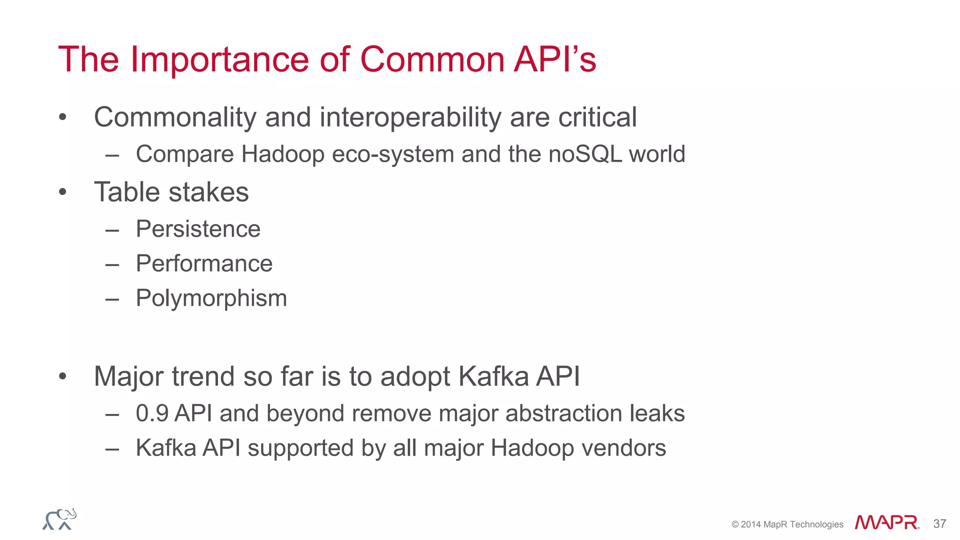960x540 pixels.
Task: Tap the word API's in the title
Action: (555, 60)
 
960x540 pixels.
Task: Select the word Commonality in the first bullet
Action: (175, 117)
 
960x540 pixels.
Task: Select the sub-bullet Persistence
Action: (198, 229)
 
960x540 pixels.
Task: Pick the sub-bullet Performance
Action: (204, 263)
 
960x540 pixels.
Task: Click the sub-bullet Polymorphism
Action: (211, 298)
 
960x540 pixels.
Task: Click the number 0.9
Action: (152, 413)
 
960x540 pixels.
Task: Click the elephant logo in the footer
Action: (60, 519)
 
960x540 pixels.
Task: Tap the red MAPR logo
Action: (886, 523)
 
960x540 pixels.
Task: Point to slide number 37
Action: (939, 524)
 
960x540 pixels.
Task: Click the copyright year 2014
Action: (750, 525)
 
